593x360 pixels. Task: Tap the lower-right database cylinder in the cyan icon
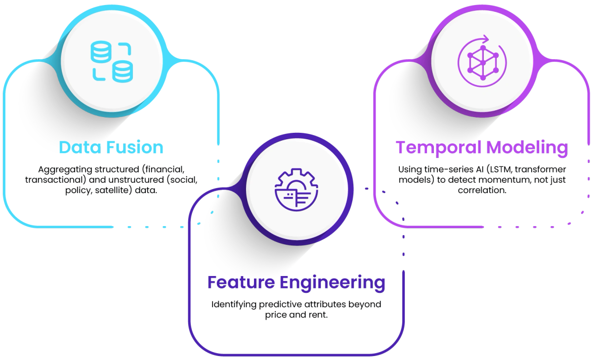tap(123, 72)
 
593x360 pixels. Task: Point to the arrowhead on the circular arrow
tap(486, 39)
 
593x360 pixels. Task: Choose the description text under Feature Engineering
tap(296, 308)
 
